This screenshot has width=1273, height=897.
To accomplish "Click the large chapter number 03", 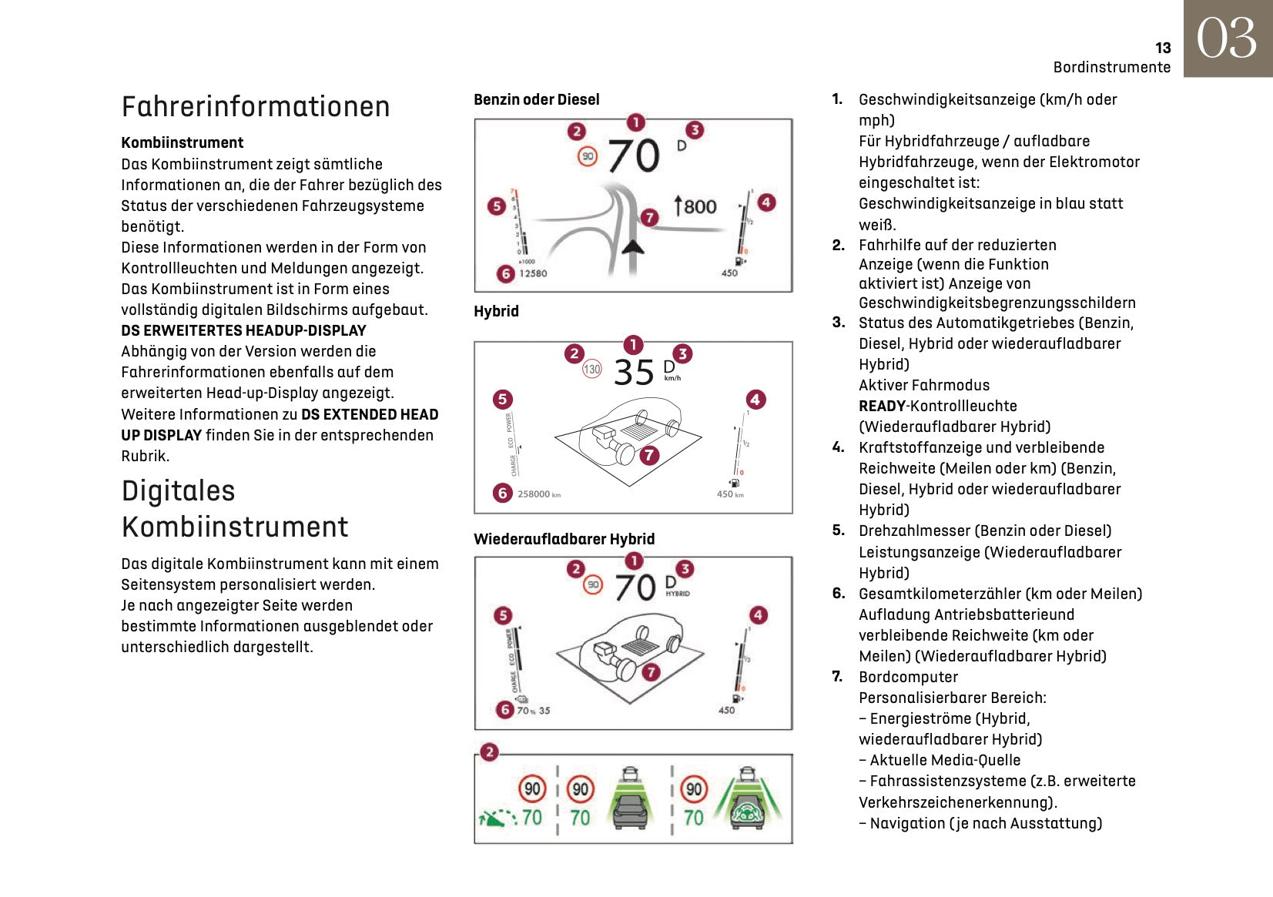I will tap(1227, 38).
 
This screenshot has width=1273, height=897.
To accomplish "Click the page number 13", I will tap(1162, 48).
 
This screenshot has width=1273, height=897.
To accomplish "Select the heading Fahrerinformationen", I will tap(256, 106).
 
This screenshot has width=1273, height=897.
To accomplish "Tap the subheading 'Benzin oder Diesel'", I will tap(536, 99).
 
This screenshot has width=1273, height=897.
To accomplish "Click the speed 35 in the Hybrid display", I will tap(634, 373).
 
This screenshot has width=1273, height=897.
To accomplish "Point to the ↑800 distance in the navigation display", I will tap(695, 206).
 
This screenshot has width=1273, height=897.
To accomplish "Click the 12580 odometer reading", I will tap(533, 273).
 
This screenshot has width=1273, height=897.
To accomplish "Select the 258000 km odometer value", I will tap(538, 494).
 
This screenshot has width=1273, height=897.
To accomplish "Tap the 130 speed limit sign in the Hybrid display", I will tap(591, 370).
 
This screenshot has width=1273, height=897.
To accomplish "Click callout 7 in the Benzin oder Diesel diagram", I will tap(650, 217).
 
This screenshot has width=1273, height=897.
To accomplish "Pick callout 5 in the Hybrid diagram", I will tap(502, 399).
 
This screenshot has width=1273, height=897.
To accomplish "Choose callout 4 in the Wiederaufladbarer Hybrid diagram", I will tap(758, 614).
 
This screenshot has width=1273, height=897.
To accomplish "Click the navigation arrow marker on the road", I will tap(633, 246).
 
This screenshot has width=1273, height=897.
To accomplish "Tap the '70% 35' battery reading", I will tap(533, 711).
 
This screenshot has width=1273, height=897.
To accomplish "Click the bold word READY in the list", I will tap(882, 406).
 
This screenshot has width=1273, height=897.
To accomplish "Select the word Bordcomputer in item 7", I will tap(908, 677).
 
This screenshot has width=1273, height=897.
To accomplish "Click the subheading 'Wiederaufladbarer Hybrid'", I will tap(564, 539).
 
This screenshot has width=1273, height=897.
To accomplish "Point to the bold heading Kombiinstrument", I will tap(182, 142).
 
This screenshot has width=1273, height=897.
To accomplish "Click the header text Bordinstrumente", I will tap(1111, 67).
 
